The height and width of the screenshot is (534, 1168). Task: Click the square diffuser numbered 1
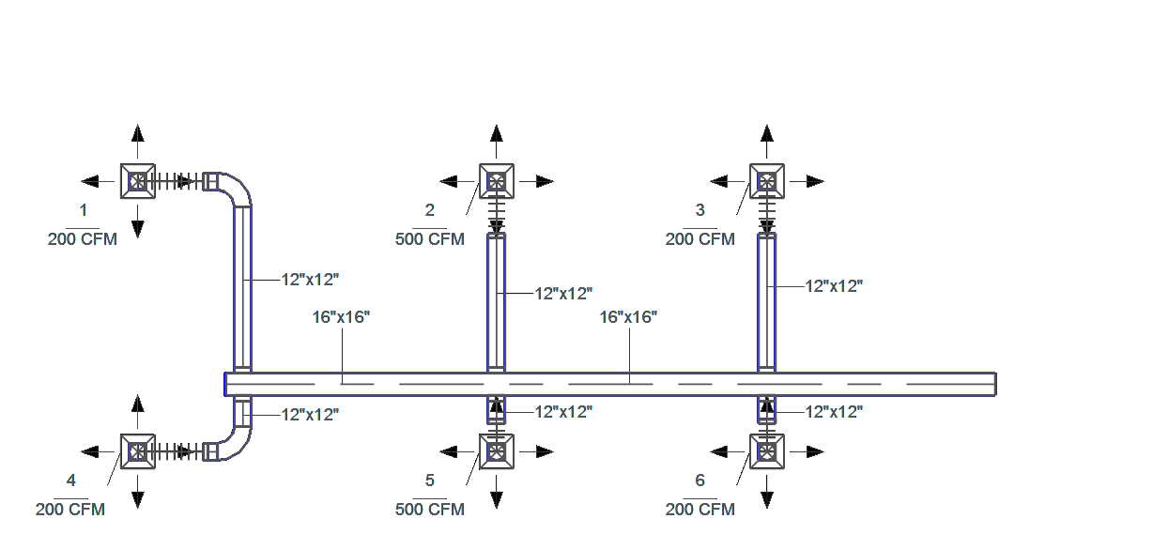tap(138, 181)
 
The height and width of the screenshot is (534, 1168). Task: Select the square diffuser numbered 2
tap(497, 181)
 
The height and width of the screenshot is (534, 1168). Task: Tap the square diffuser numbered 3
tap(767, 181)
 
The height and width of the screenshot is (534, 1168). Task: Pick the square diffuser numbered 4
tap(138, 451)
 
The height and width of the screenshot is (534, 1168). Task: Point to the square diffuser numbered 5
tap(497, 451)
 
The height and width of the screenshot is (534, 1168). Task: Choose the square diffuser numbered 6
tap(767, 451)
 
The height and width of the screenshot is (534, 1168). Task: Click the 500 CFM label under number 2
tap(430, 239)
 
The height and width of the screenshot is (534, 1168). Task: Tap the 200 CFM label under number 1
tap(83, 239)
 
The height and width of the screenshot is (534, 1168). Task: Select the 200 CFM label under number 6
tap(700, 510)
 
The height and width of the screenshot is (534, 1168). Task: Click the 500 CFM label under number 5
tap(430, 510)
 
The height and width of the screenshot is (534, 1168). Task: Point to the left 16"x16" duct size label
tap(342, 317)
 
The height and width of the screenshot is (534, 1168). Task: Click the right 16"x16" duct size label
tap(628, 317)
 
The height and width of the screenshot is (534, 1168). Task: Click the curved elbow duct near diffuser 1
tap(234, 190)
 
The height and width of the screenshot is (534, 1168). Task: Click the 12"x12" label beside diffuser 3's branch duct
tap(834, 286)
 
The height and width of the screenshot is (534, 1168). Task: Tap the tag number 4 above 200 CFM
tap(71, 481)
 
